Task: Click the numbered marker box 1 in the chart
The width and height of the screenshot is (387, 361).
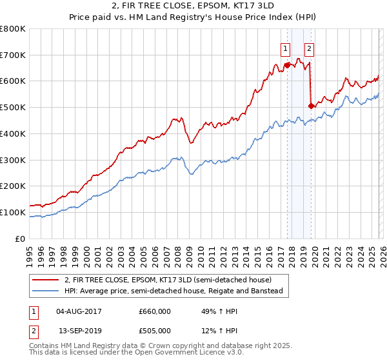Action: pos(285,48)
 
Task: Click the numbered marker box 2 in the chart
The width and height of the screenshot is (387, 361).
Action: pos(309,48)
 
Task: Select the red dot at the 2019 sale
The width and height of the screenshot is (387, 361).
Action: pos(311,106)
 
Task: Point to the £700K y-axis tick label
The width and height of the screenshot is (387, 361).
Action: pos(13,55)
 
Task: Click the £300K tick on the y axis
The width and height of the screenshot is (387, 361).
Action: pos(13,160)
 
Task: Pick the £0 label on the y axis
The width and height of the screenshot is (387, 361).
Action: pos(21,239)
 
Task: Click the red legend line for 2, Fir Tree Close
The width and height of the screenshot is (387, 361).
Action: pos(46,280)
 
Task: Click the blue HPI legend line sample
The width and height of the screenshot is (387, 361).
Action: pos(46,291)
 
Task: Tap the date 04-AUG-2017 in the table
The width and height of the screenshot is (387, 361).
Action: pos(79,311)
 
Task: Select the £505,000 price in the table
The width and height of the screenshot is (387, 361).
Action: pos(155,331)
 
